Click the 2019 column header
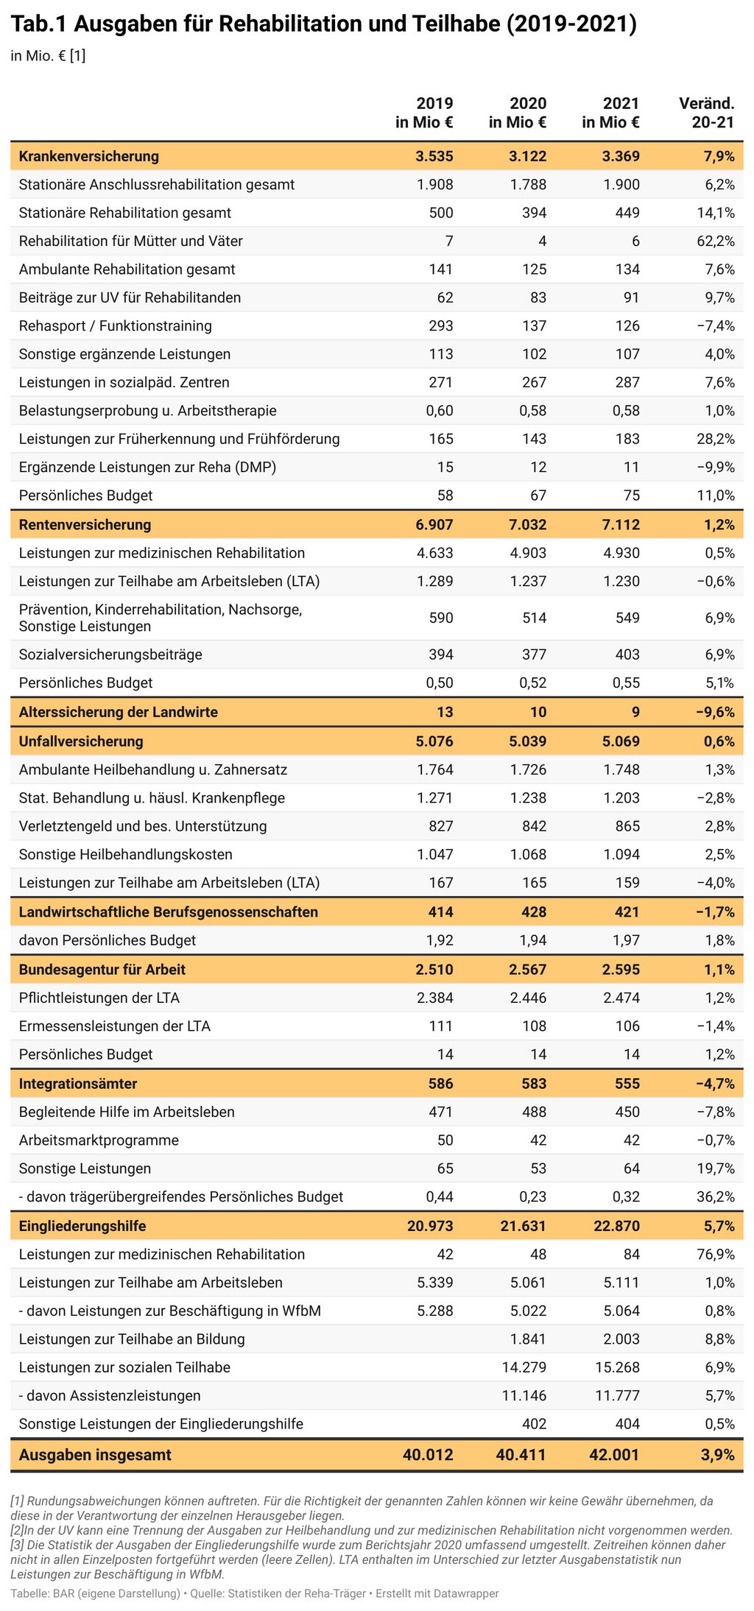tap(424, 113)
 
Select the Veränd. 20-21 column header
tap(707, 113)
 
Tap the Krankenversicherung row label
tap(89, 156)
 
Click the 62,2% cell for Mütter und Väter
tap(716, 242)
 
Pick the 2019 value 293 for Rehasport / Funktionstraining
tap(441, 326)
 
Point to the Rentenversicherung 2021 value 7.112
tap(621, 525)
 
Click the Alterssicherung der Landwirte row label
tap(119, 712)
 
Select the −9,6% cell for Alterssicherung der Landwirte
tap(715, 712)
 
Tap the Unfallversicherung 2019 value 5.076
tap(434, 741)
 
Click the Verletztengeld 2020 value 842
tap(534, 826)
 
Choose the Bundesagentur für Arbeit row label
tap(102, 970)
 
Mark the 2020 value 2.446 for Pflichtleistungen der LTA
tap(528, 998)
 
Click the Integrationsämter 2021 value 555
tap(627, 1084)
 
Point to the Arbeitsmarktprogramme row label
tap(99, 1141)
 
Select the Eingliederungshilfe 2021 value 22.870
tap(617, 1226)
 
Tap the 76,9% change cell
tap(716, 1255)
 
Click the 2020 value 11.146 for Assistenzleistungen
tap(524, 1396)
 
